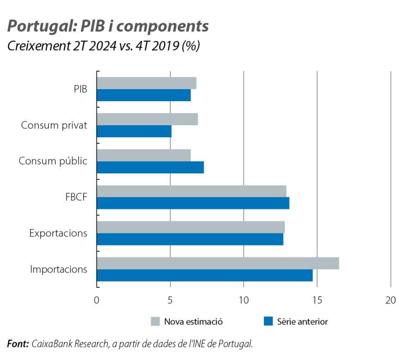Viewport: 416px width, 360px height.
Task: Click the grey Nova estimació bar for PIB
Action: [147, 83]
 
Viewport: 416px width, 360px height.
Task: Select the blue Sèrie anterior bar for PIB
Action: [144, 95]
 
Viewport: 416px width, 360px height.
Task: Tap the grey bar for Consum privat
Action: [147, 119]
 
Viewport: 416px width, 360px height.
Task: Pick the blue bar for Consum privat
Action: [134, 131]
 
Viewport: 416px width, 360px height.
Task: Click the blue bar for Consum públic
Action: [150, 167]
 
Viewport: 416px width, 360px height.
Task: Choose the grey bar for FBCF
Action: [191, 191]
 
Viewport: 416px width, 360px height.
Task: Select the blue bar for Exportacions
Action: [190, 239]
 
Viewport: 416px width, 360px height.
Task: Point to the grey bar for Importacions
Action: [218, 263]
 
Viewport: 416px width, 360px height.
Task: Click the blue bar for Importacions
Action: [205, 275]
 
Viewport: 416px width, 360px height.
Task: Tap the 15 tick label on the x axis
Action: [317, 300]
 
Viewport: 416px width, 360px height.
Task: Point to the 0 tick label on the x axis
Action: [97, 300]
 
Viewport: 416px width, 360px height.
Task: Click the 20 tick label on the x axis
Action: [391, 300]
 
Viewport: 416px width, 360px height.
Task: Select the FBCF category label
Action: [76, 197]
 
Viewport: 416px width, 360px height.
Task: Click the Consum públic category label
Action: [53, 161]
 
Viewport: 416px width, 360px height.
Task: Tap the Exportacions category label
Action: [58, 233]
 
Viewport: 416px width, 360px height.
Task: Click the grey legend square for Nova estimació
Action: [155, 322]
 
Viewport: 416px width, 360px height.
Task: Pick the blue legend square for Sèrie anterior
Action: [268, 322]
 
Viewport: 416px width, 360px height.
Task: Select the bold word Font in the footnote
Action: [18, 344]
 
